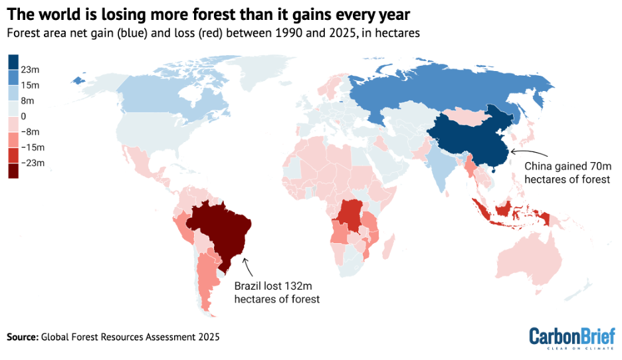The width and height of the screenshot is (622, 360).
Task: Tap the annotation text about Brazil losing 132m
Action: [276, 292]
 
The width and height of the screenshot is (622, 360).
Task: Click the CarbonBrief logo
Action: [571, 337]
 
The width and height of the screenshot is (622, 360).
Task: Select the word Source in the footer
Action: [22, 337]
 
